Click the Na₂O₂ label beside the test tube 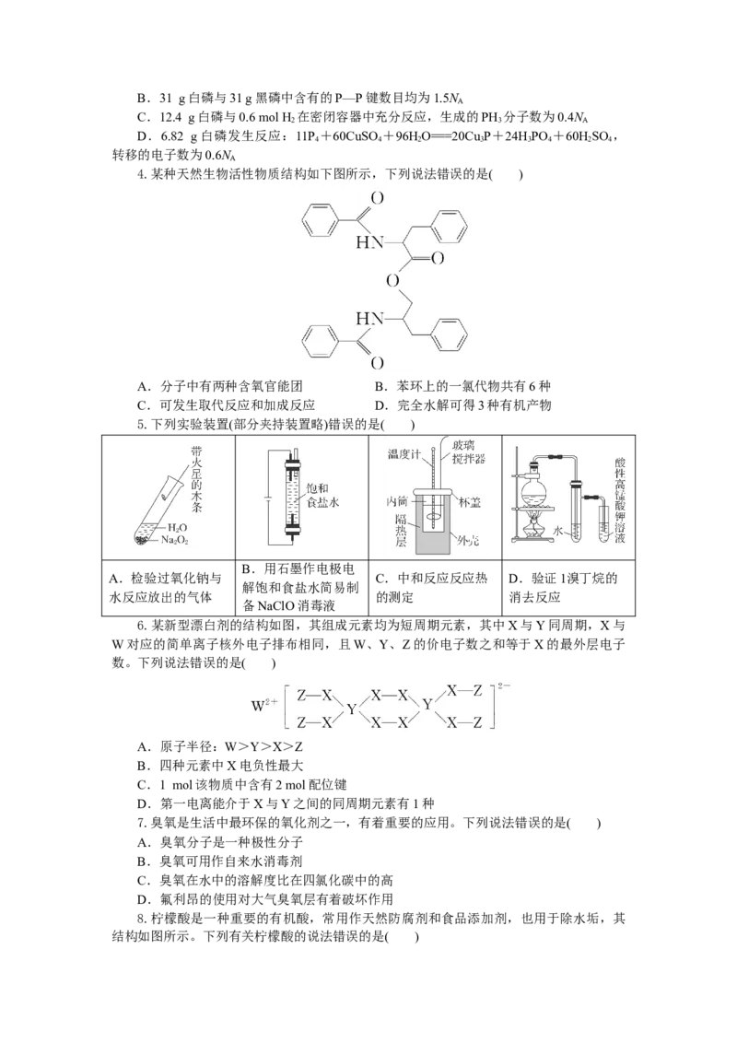pyautogui.click(x=175, y=540)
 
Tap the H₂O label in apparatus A pyautogui.click(x=177, y=527)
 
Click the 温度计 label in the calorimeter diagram pyautogui.click(x=404, y=454)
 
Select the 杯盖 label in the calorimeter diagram pyautogui.click(x=470, y=502)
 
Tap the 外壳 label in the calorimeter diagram pyautogui.click(x=468, y=541)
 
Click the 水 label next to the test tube pyautogui.click(x=557, y=530)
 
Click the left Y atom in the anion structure pyautogui.click(x=351, y=709)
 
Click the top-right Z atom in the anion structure pyautogui.click(x=477, y=691)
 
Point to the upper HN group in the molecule pyautogui.click(x=369, y=243)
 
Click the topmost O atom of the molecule pyautogui.click(x=377, y=197)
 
